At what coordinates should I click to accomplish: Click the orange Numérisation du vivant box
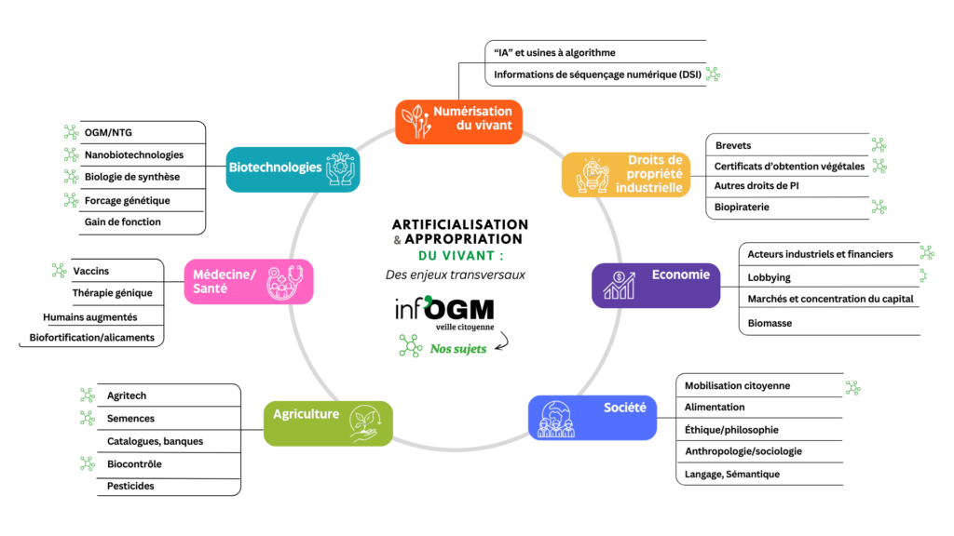(x=457, y=121)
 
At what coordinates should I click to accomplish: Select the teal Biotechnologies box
(x=293, y=168)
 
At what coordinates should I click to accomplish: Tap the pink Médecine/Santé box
(x=248, y=281)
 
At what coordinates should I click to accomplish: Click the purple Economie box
(x=655, y=285)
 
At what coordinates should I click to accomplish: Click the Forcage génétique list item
(x=128, y=200)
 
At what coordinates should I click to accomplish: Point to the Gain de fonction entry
(x=122, y=221)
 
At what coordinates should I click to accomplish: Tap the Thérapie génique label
(x=113, y=293)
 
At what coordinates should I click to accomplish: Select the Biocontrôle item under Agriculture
(x=136, y=463)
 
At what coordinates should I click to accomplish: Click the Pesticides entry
(x=130, y=486)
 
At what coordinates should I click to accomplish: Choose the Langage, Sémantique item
(x=732, y=474)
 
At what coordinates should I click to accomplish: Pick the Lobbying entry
(x=769, y=277)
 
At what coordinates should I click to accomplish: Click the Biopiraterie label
(x=742, y=207)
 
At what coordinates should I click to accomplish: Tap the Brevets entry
(x=733, y=145)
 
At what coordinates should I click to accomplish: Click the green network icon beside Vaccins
(x=59, y=271)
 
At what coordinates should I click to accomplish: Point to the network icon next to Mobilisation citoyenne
(x=852, y=387)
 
